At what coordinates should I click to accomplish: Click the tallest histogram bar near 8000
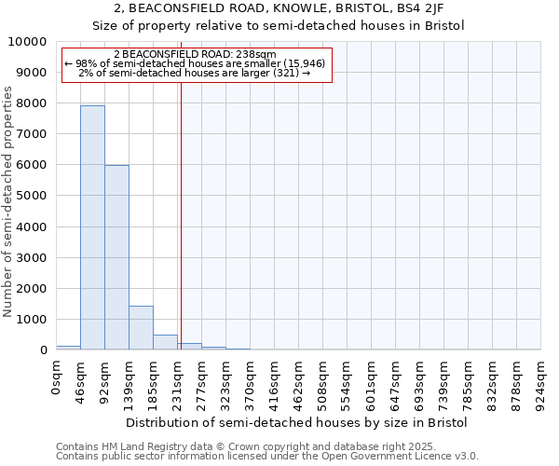click(x=92, y=227)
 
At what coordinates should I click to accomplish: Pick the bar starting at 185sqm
click(x=165, y=342)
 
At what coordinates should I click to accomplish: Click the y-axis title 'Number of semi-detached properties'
click(x=9, y=202)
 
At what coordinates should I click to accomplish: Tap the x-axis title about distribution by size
click(x=296, y=422)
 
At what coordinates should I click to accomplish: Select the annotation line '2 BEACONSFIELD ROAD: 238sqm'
click(x=196, y=55)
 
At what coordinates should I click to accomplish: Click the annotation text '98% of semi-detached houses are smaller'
click(x=196, y=63)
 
